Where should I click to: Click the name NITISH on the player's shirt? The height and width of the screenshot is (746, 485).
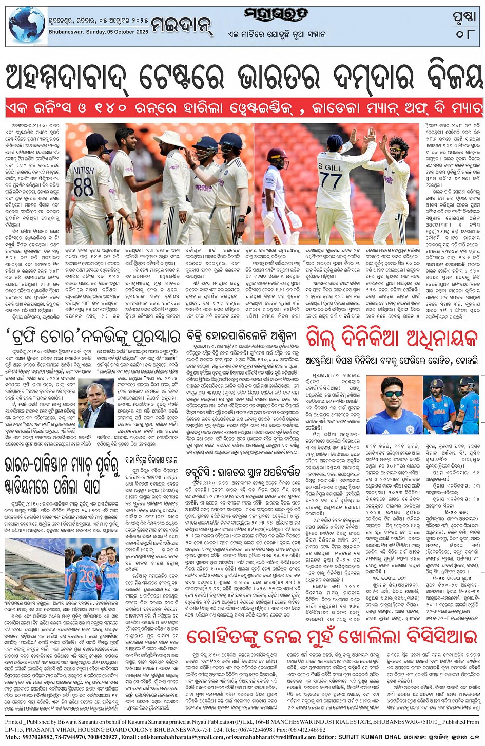(84, 170)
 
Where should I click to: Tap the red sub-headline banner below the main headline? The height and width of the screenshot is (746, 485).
(242, 109)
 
